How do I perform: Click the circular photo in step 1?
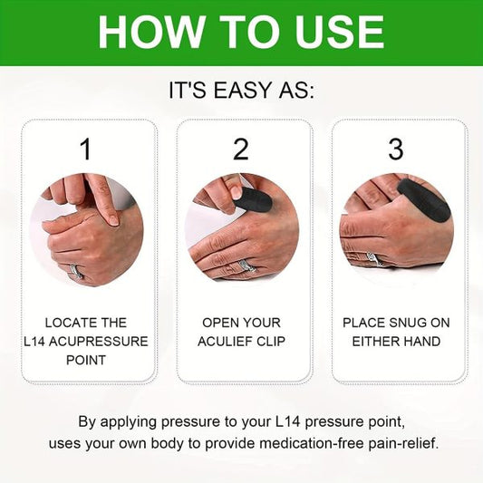(86, 230)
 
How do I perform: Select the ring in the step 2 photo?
(244, 266)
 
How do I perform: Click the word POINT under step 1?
(87, 361)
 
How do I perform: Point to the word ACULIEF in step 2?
(227, 342)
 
